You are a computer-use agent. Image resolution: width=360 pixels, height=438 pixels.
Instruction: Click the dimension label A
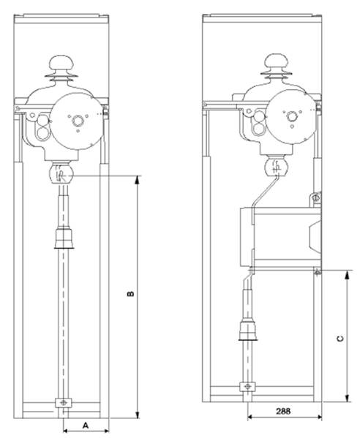pos(86,426)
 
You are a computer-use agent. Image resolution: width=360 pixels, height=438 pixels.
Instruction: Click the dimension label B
pos(130,294)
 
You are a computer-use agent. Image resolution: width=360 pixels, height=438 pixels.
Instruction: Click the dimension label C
pos(340,339)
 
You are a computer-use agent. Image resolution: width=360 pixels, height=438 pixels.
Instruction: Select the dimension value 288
pos(283,411)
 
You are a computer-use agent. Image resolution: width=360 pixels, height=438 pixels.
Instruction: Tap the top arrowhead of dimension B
pos(137,180)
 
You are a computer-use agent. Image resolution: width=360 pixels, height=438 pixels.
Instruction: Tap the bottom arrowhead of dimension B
pos(137,415)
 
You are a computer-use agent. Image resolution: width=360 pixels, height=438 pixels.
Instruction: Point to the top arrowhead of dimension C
pos(347,275)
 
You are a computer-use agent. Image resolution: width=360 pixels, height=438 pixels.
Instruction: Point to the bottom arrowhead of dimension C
pos(347,398)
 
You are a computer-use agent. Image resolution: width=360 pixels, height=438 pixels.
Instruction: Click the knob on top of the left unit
pos(61,64)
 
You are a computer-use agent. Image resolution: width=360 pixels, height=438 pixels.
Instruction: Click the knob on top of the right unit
pos(277,61)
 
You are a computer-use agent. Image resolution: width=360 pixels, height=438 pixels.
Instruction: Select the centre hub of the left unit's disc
pos(78,121)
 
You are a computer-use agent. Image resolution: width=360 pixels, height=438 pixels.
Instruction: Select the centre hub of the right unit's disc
pos(292,116)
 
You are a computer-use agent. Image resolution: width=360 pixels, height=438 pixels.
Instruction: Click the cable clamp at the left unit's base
pos(64,402)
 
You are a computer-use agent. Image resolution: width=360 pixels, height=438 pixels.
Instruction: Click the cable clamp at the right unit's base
pos(247,387)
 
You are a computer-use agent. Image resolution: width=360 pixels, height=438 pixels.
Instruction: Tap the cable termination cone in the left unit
pos(64,238)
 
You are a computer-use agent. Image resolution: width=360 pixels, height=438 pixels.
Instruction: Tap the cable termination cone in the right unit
pos(248,331)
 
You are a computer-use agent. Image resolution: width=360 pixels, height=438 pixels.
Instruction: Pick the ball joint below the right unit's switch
pos(277,166)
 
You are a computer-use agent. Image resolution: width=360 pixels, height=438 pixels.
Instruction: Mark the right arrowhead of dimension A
pos(105,431)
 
